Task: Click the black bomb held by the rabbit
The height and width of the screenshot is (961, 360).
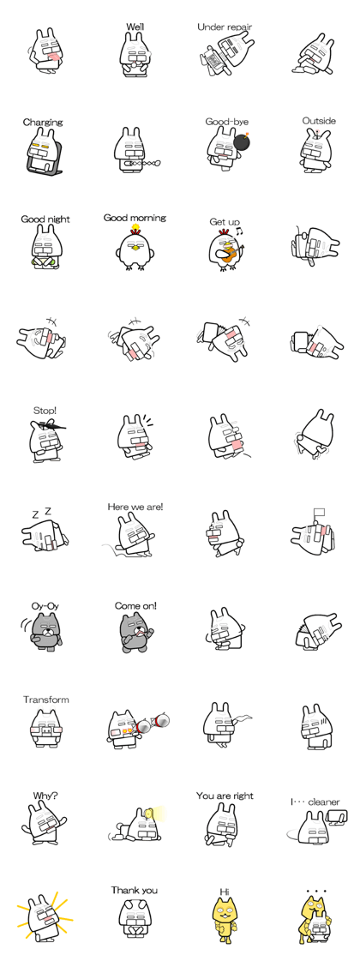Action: coord(242,142)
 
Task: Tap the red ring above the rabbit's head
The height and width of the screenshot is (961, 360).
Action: coord(316,132)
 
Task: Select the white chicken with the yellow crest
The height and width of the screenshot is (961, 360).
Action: coord(135,246)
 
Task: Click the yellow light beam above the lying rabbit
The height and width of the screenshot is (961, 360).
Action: coord(158,813)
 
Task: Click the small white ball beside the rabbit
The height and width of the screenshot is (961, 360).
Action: coord(156,161)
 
